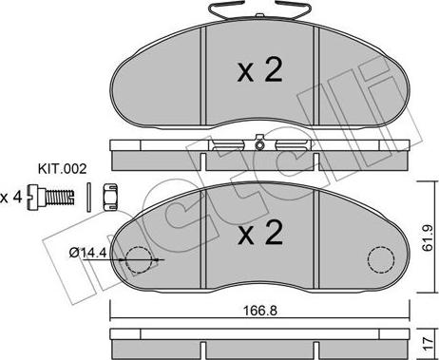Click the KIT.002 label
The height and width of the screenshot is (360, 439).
pyautogui.click(x=62, y=169)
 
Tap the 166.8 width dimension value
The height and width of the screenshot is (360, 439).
pyautogui.click(x=260, y=311)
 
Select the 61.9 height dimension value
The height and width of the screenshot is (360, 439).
pyautogui.click(x=428, y=237)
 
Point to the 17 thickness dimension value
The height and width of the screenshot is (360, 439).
pyautogui.click(x=428, y=343)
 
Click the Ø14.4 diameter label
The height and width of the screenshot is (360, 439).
pyautogui.click(x=87, y=253)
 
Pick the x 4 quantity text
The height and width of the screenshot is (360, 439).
pyautogui.click(x=11, y=198)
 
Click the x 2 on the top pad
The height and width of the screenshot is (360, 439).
pyautogui.click(x=259, y=71)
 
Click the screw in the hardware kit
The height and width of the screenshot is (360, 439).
pyautogui.click(x=50, y=197)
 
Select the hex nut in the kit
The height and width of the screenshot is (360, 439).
pyautogui.click(x=110, y=198)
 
